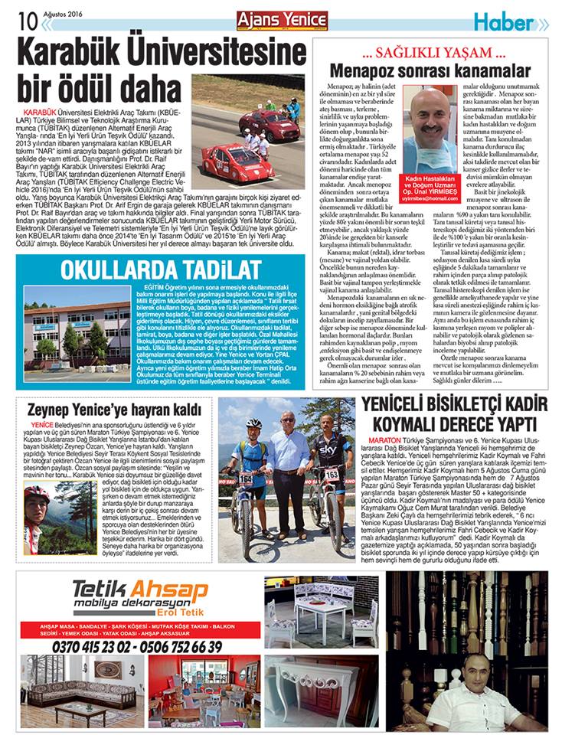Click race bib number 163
(x=332, y=475)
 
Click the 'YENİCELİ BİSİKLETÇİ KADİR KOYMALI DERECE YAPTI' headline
(x=460, y=414)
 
